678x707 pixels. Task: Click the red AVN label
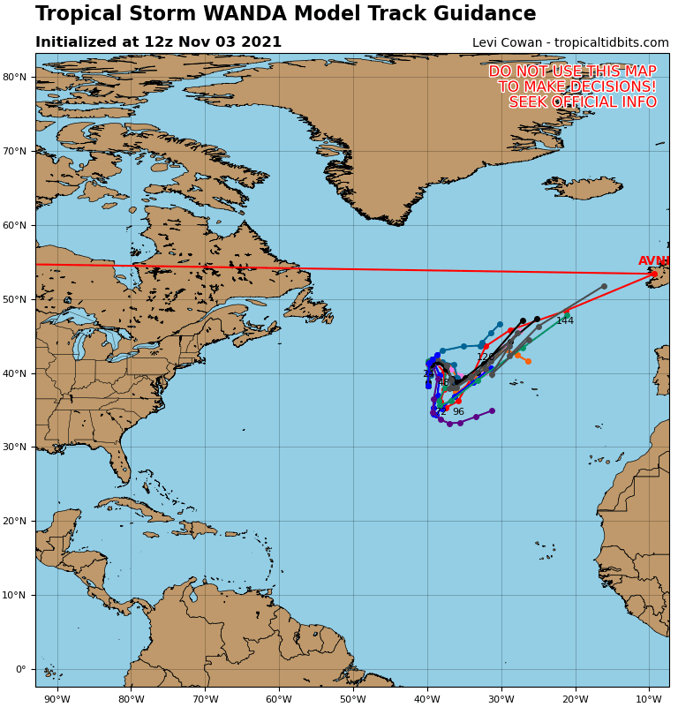click(x=652, y=261)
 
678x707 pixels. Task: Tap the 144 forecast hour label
click(x=565, y=321)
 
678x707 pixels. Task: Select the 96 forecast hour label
click(x=458, y=412)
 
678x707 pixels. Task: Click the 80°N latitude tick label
click(x=16, y=78)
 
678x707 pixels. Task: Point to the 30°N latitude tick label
click(x=16, y=448)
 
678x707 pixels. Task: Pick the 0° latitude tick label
click(x=19, y=669)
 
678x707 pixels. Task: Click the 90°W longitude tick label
click(x=57, y=700)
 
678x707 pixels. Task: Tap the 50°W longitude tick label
click(x=353, y=700)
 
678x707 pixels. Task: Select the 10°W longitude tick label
click(x=649, y=700)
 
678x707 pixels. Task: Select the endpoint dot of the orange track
click(x=528, y=361)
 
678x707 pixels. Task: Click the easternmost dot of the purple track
click(x=492, y=410)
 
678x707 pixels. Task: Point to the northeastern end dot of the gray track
click(x=604, y=286)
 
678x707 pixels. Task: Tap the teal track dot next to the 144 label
click(x=567, y=312)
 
